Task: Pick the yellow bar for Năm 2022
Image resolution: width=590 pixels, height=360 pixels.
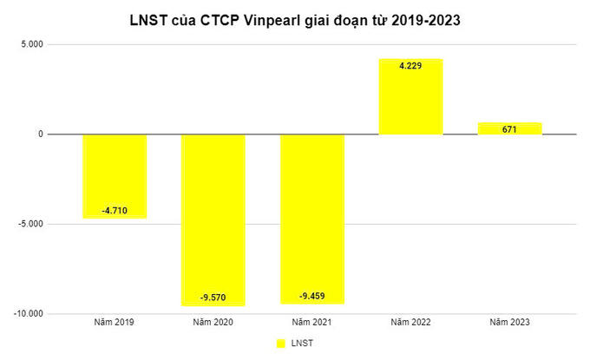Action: coord(411,96)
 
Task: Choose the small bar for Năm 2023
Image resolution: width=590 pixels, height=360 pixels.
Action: coord(510,128)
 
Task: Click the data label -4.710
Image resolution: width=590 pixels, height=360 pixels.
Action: coord(115,209)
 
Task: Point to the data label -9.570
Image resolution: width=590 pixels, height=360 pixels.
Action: coord(213,297)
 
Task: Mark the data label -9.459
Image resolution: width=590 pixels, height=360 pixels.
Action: coord(312,295)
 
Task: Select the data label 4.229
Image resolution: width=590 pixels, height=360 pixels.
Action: coord(411,67)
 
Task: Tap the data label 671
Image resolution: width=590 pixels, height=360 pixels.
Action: coord(510,128)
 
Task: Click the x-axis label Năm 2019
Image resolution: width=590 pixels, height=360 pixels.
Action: coord(115,322)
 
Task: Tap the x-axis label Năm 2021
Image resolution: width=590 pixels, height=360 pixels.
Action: coord(312,322)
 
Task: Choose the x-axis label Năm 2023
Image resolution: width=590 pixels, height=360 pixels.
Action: coord(510,322)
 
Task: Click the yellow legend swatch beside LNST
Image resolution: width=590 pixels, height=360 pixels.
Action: coord(280,344)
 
